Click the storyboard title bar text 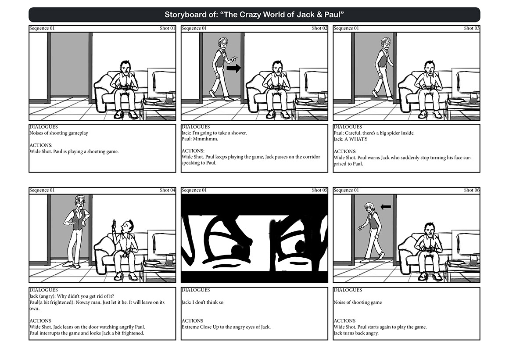(254, 14)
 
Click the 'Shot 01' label (167, 28)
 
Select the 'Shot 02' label (319, 28)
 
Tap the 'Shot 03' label (471, 28)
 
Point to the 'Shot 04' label (167, 190)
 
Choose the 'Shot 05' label (319, 190)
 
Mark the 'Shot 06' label (471, 190)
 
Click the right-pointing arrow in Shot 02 (234, 68)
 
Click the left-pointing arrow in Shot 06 (386, 207)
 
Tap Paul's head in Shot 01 (125, 67)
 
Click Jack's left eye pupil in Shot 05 (239, 251)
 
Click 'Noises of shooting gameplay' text (59, 133)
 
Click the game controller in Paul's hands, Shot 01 (125, 86)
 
